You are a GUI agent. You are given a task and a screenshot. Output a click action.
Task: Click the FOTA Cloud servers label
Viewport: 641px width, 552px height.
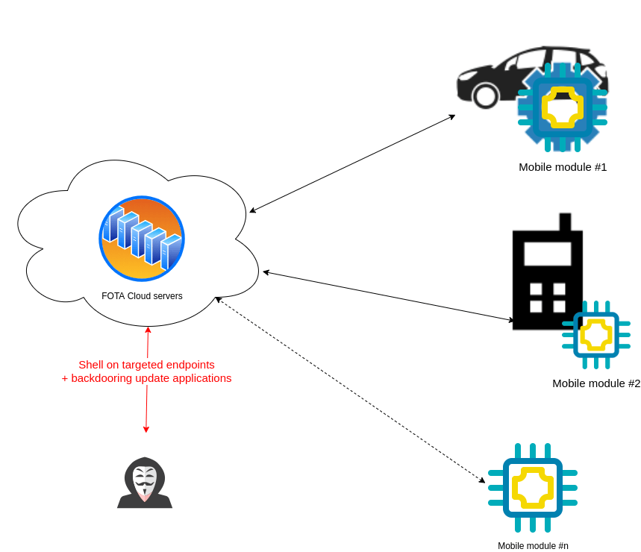coord(142,296)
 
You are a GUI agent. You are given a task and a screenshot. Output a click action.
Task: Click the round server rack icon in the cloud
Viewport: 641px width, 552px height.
coord(142,239)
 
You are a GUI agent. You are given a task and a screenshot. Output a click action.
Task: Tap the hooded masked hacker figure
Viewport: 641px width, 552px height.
coord(145,483)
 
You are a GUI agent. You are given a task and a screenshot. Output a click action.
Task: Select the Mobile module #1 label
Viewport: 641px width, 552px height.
coord(563,167)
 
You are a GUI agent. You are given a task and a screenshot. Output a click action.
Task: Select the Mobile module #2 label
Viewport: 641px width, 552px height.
coord(595,383)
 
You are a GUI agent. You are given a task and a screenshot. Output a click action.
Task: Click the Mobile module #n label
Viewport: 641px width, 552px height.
coord(533,546)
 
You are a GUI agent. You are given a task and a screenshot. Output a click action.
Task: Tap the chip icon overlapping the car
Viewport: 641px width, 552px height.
coord(562,107)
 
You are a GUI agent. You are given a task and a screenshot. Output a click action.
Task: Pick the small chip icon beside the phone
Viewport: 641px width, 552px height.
coord(595,335)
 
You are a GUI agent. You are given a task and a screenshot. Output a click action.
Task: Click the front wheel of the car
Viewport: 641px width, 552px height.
coord(486,96)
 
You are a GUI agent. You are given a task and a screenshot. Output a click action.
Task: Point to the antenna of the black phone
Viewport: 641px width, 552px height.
coord(565,222)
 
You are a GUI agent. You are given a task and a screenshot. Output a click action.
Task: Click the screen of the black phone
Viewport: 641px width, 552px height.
coord(547,254)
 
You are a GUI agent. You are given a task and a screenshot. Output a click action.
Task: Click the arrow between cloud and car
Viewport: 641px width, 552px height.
coord(352,164)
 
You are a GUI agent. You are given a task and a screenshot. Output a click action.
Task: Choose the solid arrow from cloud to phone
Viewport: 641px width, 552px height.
coord(388,296)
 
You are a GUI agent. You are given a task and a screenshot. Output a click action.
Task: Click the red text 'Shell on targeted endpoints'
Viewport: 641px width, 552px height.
coord(146,365)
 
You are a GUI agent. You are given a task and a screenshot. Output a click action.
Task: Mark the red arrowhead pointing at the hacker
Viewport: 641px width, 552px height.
coord(146,429)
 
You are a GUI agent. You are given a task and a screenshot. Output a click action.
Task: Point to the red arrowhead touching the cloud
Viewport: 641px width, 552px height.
coord(148,330)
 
